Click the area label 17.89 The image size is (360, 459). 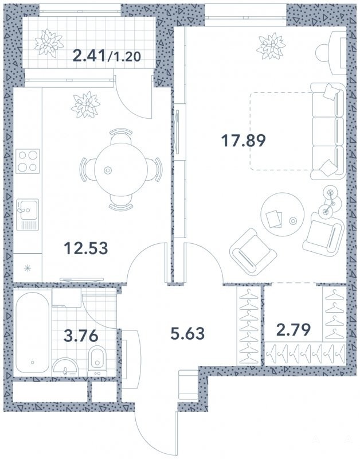[243, 141]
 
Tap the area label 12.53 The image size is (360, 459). [85, 248]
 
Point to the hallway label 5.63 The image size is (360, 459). [187, 333]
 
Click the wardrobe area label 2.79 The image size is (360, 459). [293, 330]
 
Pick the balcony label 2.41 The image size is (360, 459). [89, 55]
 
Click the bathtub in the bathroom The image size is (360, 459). [32, 333]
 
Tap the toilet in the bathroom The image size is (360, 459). [97, 361]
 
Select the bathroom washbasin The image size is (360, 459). [65, 367]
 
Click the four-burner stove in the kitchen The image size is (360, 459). [28, 161]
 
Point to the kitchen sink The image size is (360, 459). [28, 215]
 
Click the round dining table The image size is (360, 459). [121, 170]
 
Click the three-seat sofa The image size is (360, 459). [328, 131]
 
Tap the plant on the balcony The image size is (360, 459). [49, 43]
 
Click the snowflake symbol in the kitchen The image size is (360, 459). [27, 268]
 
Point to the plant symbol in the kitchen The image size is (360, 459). [85, 105]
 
